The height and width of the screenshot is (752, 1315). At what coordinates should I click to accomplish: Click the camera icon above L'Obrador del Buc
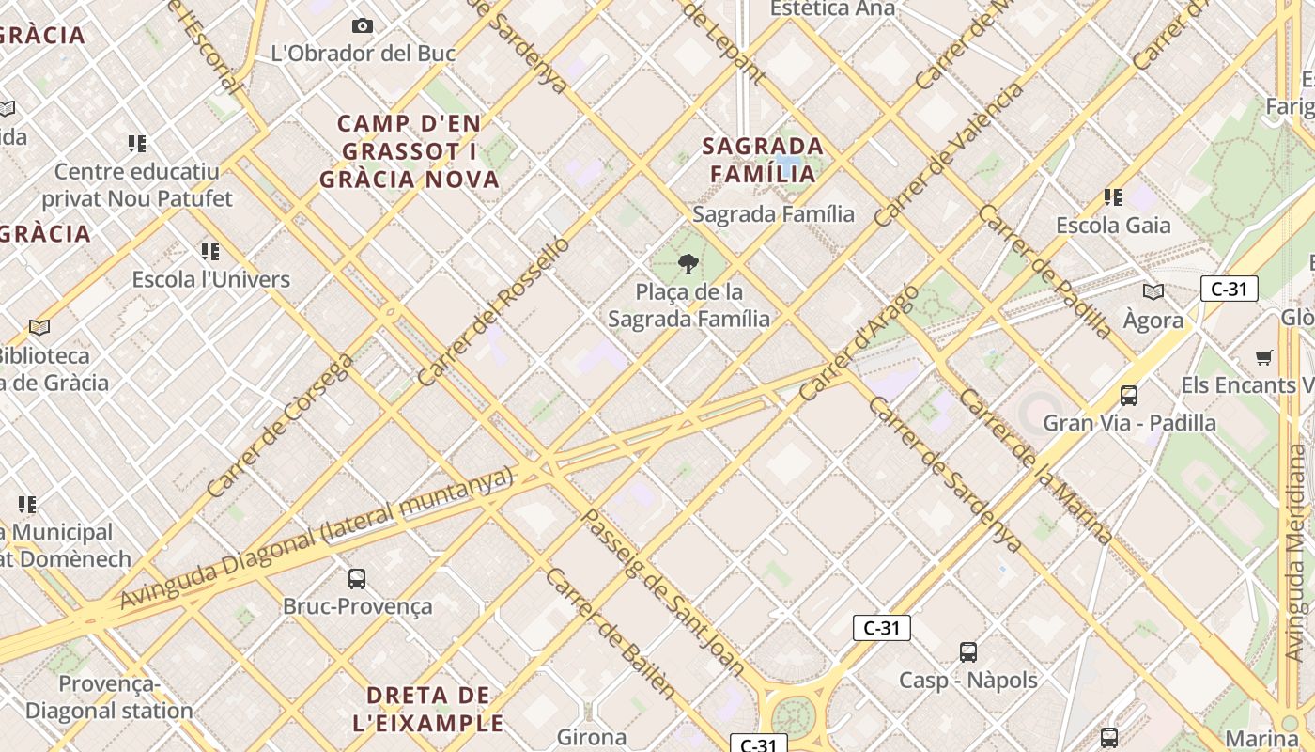pos(362,26)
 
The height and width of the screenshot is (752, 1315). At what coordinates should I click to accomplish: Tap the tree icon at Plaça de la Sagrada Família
pos(688,264)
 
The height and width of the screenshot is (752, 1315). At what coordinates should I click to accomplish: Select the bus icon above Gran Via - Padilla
pos(1129,396)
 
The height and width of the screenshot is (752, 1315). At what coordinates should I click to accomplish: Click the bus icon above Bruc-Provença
pos(357,579)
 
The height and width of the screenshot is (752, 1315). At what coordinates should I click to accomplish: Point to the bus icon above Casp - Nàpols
pos(968,652)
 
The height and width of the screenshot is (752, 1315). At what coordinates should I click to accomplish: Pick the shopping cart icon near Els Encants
pos(1264,357)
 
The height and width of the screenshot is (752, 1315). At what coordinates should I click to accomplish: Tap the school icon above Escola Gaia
pos(1113,197)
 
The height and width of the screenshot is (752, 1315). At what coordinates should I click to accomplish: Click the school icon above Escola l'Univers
pos(210,252)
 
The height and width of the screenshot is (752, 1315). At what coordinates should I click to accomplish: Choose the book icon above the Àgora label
pos(1153,291)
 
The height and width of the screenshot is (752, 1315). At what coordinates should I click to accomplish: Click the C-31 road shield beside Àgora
pos(1229,289)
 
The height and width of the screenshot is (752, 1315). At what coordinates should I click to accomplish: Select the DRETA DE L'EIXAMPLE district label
pos(428,709)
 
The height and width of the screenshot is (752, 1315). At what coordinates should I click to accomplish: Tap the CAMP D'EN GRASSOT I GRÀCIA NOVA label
pos(410,150)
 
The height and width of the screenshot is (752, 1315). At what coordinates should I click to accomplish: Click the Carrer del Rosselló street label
pos(493,311)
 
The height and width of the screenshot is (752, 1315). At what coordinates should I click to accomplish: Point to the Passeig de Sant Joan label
pos(663,593)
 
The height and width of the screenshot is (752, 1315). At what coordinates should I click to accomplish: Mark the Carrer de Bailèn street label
pos(611,634)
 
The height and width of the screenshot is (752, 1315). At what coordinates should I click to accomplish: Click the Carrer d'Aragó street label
pos(859,343)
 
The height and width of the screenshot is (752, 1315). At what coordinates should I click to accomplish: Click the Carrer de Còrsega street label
pos(280,426)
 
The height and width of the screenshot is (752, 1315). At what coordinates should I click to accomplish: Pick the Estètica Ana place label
pos(832,9)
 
